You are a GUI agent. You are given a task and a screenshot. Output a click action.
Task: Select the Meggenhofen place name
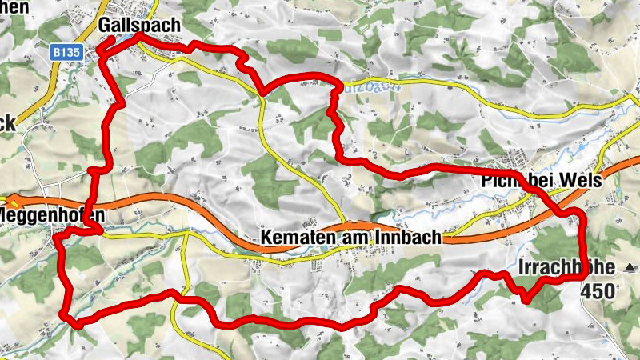point(53,216)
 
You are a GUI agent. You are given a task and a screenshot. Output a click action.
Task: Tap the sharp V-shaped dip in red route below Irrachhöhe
point(526,299)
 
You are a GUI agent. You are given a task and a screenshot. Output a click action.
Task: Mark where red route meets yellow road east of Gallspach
point(262,93)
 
